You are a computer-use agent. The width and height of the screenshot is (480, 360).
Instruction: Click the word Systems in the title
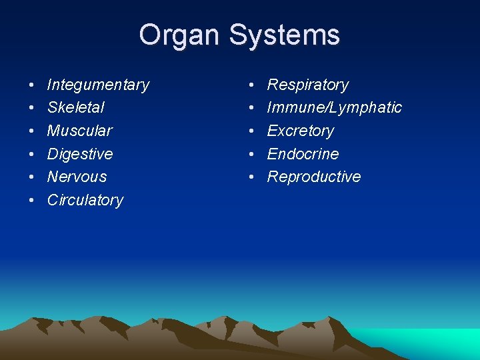tap(285, 35)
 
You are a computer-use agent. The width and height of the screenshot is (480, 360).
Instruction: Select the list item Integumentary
tap(98, 85)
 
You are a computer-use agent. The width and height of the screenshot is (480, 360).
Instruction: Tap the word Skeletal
tap(75, 107)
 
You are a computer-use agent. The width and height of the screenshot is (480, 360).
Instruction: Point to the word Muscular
tap(79, 131)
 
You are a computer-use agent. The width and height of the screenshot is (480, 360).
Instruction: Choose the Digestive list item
tap(80, 154)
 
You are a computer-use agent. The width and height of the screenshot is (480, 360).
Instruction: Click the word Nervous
tap(77, 177)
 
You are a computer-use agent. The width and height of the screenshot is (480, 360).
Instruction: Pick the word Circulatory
tap(85, 200)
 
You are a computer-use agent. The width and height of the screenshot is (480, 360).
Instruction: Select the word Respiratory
tap(308, 85)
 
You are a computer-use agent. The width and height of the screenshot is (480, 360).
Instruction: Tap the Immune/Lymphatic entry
tap(335, 107)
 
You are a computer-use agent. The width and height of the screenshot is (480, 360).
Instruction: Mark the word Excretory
tap(301, 131)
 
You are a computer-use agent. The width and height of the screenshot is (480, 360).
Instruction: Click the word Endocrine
tap(303, 154)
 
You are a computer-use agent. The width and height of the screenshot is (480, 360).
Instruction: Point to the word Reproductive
tap(314, 177)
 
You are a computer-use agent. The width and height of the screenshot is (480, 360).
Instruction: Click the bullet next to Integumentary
tap(31, 85)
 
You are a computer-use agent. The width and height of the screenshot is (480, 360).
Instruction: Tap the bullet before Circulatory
tap(31, 201)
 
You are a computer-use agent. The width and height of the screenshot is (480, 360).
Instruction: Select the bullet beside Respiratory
tap(251, 85)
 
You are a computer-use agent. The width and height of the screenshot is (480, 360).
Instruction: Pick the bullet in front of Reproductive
tap(251, 177)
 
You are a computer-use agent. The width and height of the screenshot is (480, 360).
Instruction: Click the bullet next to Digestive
tap(31, 155)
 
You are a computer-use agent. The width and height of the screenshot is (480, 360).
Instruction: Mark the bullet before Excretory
tap(251, 131)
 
